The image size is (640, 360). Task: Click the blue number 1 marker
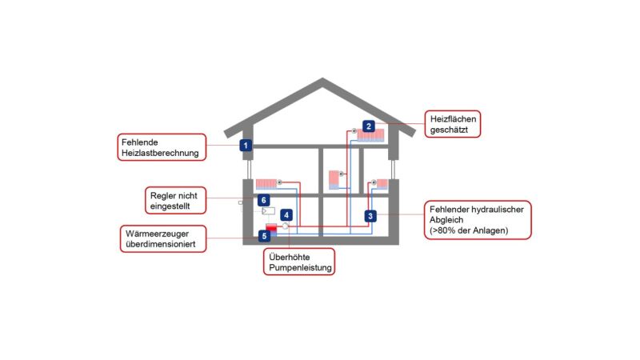point(246,146)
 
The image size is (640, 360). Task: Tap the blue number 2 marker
point(369,126)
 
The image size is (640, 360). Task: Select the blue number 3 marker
point(370,215)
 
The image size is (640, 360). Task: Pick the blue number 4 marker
point(286,215)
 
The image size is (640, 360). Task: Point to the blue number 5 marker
point(265,236)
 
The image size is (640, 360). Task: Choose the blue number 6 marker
point(263,200)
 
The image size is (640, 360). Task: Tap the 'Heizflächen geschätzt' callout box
point(454,124)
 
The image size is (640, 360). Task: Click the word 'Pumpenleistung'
point(298,270)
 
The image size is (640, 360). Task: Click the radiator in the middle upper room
point(334,179)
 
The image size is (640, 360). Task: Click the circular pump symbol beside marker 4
point(286,227)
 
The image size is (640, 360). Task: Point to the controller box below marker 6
point(268,211)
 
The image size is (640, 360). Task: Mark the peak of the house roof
point(322,80)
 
